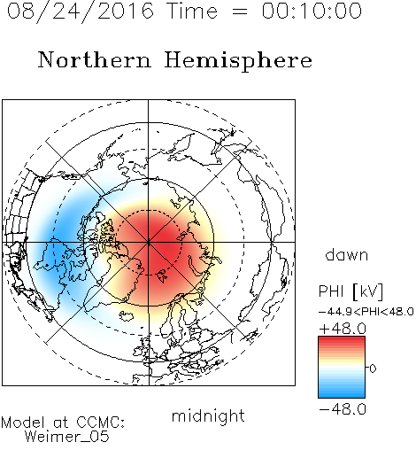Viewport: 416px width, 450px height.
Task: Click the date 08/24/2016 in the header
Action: coord(81,12)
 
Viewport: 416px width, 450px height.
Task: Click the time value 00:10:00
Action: coord(312,11)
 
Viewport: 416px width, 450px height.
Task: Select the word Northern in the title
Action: coord(94,59)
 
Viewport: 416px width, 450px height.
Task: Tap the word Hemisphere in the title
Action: coord(238,61)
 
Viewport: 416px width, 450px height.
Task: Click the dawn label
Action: coord(347,255)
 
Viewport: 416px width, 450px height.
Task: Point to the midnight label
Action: coord(208,415)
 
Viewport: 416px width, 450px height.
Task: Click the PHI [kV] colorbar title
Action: coord(351,291)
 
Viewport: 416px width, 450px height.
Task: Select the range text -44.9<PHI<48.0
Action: coord(366,312)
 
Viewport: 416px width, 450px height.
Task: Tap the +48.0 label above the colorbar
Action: coord(343,329)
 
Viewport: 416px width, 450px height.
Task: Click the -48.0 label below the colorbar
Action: coord(343,409)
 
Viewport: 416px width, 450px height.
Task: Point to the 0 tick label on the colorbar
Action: coord(373,369)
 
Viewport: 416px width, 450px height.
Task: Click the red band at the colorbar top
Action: coord(342,340)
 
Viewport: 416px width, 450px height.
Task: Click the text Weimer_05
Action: coord(67,437)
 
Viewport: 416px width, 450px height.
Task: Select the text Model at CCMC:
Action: coord(63,423)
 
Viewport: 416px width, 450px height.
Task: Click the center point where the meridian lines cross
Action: coord(149,242)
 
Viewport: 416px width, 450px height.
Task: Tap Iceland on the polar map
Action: coord(127,315)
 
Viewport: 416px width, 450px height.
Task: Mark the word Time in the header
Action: coord(192,11)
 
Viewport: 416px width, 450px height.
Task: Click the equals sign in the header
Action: coord(240,12)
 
